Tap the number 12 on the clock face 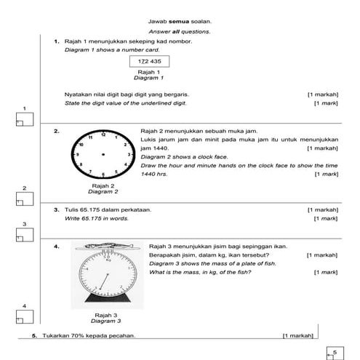(103, 135)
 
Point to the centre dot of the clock (103, 154)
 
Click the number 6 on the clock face (103, 175)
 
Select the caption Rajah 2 (103, 186)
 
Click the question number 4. (56, 247)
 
